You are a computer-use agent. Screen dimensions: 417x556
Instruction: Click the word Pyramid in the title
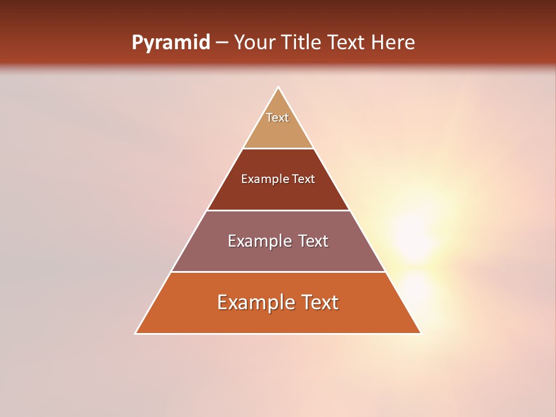[x=170, y=43]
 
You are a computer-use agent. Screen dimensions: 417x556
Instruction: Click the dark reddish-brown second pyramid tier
[x=278, y=194]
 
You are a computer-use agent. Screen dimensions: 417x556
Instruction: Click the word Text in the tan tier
[x=277, y=118]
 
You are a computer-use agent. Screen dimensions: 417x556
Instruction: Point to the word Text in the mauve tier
[x=313, y=241]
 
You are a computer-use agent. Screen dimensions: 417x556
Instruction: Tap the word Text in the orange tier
[x=319, y=302]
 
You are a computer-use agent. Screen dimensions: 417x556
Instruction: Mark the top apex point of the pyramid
[x=278, y=88]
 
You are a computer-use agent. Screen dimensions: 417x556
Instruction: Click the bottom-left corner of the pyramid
[x=136, y=333]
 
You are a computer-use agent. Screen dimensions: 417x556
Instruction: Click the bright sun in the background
[x=414, y=237]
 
